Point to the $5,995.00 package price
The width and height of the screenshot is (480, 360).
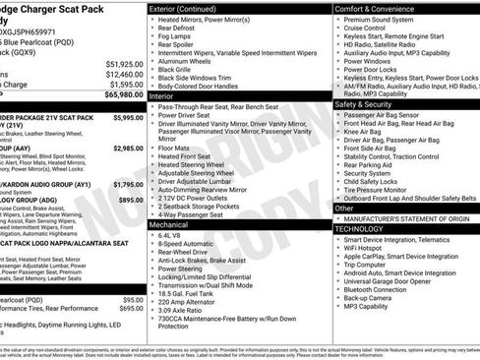(x=129, y=117)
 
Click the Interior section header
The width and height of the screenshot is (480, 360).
(x=162, y=96)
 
